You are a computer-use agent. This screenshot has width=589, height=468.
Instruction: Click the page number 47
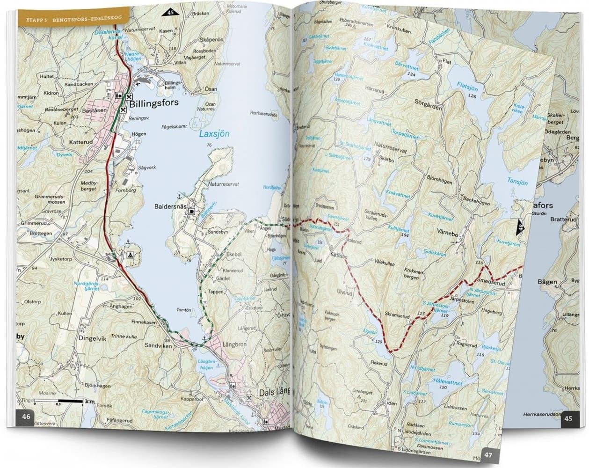pos(489,454)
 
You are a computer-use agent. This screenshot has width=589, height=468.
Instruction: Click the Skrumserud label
pos(397,316)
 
